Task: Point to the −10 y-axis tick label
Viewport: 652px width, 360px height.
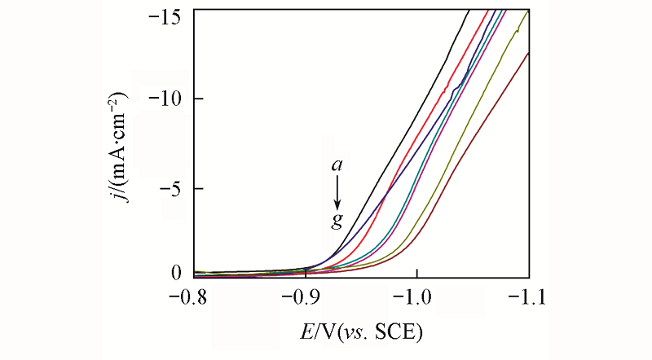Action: [170, 99]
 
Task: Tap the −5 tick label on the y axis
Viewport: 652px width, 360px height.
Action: [174, 188]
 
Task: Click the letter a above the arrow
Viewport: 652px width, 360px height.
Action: [336, 165]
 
